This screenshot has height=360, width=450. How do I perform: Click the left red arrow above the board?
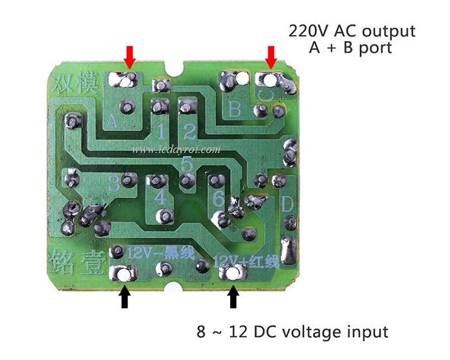click(130, 57)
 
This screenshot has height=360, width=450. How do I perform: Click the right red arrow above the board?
click(271, 57)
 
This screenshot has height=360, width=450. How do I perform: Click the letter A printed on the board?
click(111, 120)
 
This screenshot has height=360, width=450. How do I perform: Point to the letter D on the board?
click(287, 206)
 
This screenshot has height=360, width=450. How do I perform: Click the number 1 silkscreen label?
click(161, 133)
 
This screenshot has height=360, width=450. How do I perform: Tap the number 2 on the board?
click(189, 133)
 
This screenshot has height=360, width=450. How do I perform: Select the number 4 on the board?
click(159, 197)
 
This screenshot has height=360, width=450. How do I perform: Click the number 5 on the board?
click(186, 165)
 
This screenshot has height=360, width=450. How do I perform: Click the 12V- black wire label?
click(161, 252)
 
